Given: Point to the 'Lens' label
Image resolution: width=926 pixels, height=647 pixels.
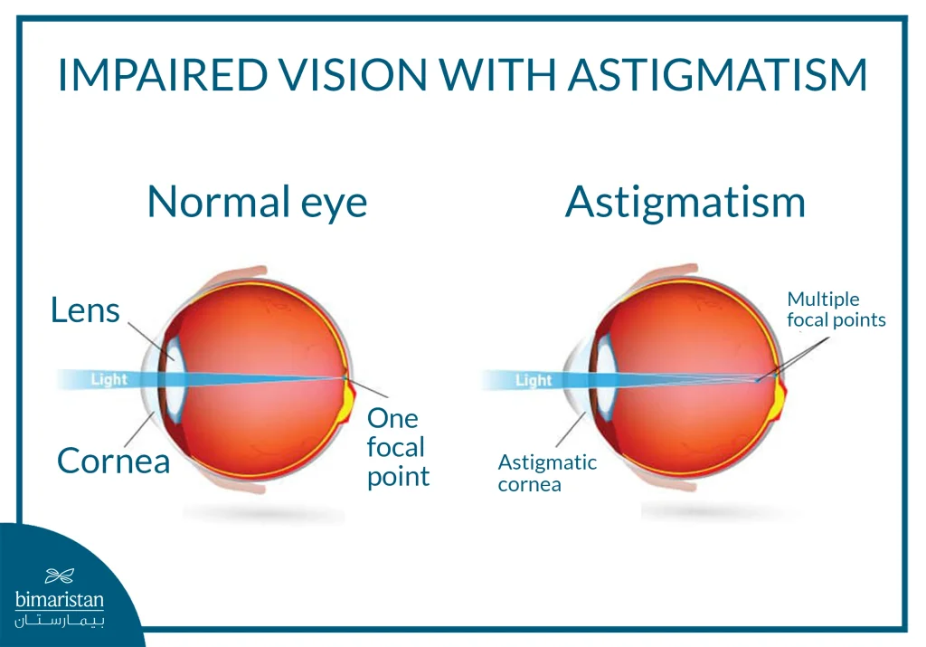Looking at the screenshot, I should (x=85, y=310).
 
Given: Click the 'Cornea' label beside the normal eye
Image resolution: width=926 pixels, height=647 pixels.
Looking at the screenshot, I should (x=113, y=461).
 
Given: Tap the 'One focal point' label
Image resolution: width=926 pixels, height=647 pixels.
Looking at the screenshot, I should (x=397, y=447).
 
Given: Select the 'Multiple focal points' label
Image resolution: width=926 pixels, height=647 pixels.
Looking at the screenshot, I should (x=836, y=309).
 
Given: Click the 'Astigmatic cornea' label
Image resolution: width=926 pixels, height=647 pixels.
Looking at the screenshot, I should (x=547, y=472).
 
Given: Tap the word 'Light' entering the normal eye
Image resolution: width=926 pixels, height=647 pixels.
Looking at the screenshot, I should (x=109, y=379).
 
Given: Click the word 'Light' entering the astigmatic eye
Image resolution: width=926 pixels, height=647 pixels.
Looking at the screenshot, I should (x=533, y=380).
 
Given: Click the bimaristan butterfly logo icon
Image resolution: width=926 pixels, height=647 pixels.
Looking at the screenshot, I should (x=59, y=576).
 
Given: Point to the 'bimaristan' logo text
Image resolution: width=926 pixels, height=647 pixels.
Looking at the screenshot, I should (x=60, y=600).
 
